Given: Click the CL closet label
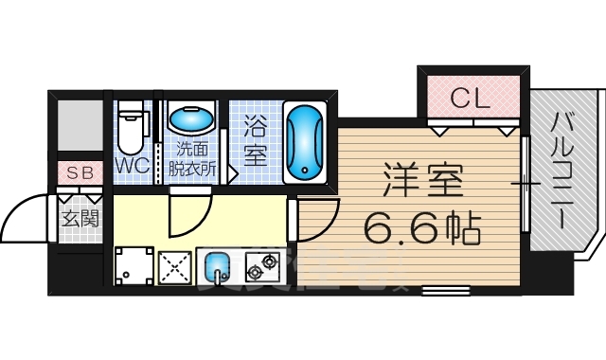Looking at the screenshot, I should pyautogui.click(x=470, y=98).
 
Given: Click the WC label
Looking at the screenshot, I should pyautogui.click(x=131, y=165).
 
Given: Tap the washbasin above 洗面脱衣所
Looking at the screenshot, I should pyautogui.click(x=191, y=121).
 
